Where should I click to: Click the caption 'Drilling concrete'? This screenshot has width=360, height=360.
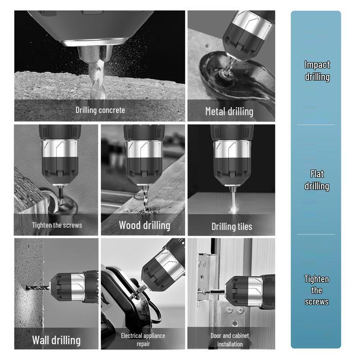point(100,110)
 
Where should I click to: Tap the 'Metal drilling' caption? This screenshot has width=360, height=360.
point(229,111)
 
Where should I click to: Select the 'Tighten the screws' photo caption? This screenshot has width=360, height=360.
point(57,225)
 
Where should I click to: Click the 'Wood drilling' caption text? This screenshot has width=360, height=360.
point(144,225)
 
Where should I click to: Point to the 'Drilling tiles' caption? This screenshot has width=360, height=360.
point(231,226)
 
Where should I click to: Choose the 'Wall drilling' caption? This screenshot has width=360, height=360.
point(56,340)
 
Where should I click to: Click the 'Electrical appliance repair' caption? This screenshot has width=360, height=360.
point(143,340)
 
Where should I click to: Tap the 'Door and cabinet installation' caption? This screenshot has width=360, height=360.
point(229,340)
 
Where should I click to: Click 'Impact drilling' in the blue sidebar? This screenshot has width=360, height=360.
point(317,71)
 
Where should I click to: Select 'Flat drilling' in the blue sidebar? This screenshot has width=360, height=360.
point(317,180)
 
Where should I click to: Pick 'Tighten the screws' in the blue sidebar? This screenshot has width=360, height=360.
point(317,290)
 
